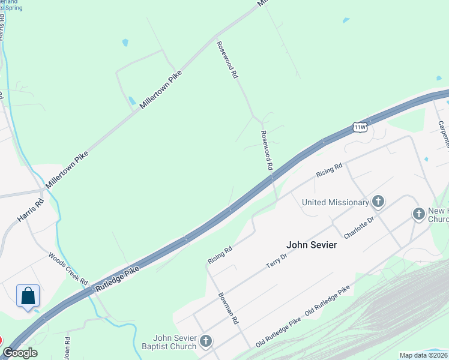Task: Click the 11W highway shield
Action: tap(360, 127)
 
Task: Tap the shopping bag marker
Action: tap(28, 296)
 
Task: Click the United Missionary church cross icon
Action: tap(378, 202)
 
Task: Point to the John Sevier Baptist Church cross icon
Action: tap(206, 342)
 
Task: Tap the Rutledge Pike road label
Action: tap(117, 280)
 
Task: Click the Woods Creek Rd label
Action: tap(68, 268)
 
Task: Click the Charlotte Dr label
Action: tap(358, 227)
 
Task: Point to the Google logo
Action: tap(20, 353)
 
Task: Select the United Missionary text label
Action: tap(336, 202)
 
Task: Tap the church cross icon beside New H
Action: tap(418, 214)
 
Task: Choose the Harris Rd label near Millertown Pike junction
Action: tap(31, 211)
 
